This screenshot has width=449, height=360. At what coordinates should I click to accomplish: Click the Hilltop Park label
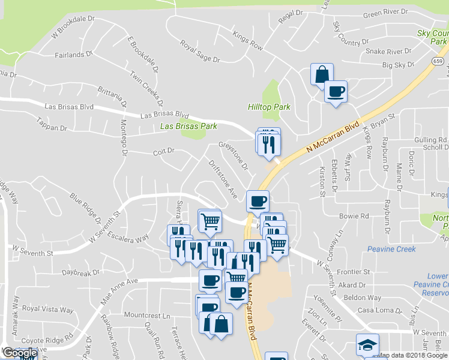[269, 107]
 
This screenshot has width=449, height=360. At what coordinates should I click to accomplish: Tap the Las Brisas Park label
[188, 127]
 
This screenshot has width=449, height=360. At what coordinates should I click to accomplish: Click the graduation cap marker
[367, 345]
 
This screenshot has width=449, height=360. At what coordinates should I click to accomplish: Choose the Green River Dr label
[385, 12]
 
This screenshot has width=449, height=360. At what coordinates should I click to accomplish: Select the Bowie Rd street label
[354, 215]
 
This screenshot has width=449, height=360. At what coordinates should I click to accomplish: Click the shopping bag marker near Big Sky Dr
[322, 74]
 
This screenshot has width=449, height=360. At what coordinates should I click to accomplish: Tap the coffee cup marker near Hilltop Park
[336, 92]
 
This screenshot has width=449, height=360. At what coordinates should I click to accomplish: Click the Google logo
[19, 353]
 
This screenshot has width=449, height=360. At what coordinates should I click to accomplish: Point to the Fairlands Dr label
[74, 54]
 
